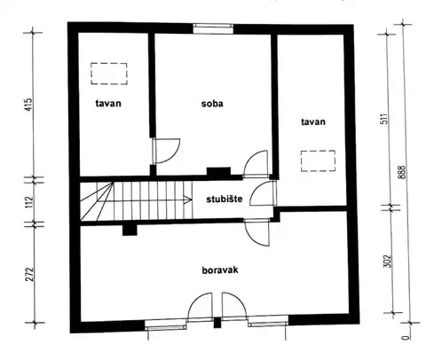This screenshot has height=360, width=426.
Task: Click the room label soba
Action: pos(212,104)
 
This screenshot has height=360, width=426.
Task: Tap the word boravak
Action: pos(220,270)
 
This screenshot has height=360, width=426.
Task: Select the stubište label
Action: pos(225,199)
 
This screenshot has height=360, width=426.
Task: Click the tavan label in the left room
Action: pos(108,104)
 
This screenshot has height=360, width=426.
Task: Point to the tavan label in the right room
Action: pos(313,121)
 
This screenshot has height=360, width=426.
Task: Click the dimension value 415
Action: pos(28,105)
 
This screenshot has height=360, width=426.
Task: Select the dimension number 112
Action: pos(29,202)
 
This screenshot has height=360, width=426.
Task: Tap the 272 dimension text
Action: pos(30,274)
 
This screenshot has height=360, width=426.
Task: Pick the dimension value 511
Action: pos(383,119)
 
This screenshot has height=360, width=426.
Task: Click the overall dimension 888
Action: pos(402,172)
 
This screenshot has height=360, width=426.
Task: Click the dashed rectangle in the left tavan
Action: pos(109,74)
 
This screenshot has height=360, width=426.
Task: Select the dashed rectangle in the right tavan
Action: pos(318,160)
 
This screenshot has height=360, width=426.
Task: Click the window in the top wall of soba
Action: pos(213,29)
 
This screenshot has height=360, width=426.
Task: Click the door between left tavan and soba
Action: pos(166,151)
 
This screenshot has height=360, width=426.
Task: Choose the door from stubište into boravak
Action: pos(257,232)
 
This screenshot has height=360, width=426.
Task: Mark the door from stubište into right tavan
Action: pos(263,193)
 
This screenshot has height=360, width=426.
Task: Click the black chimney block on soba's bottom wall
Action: pos(218,172)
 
